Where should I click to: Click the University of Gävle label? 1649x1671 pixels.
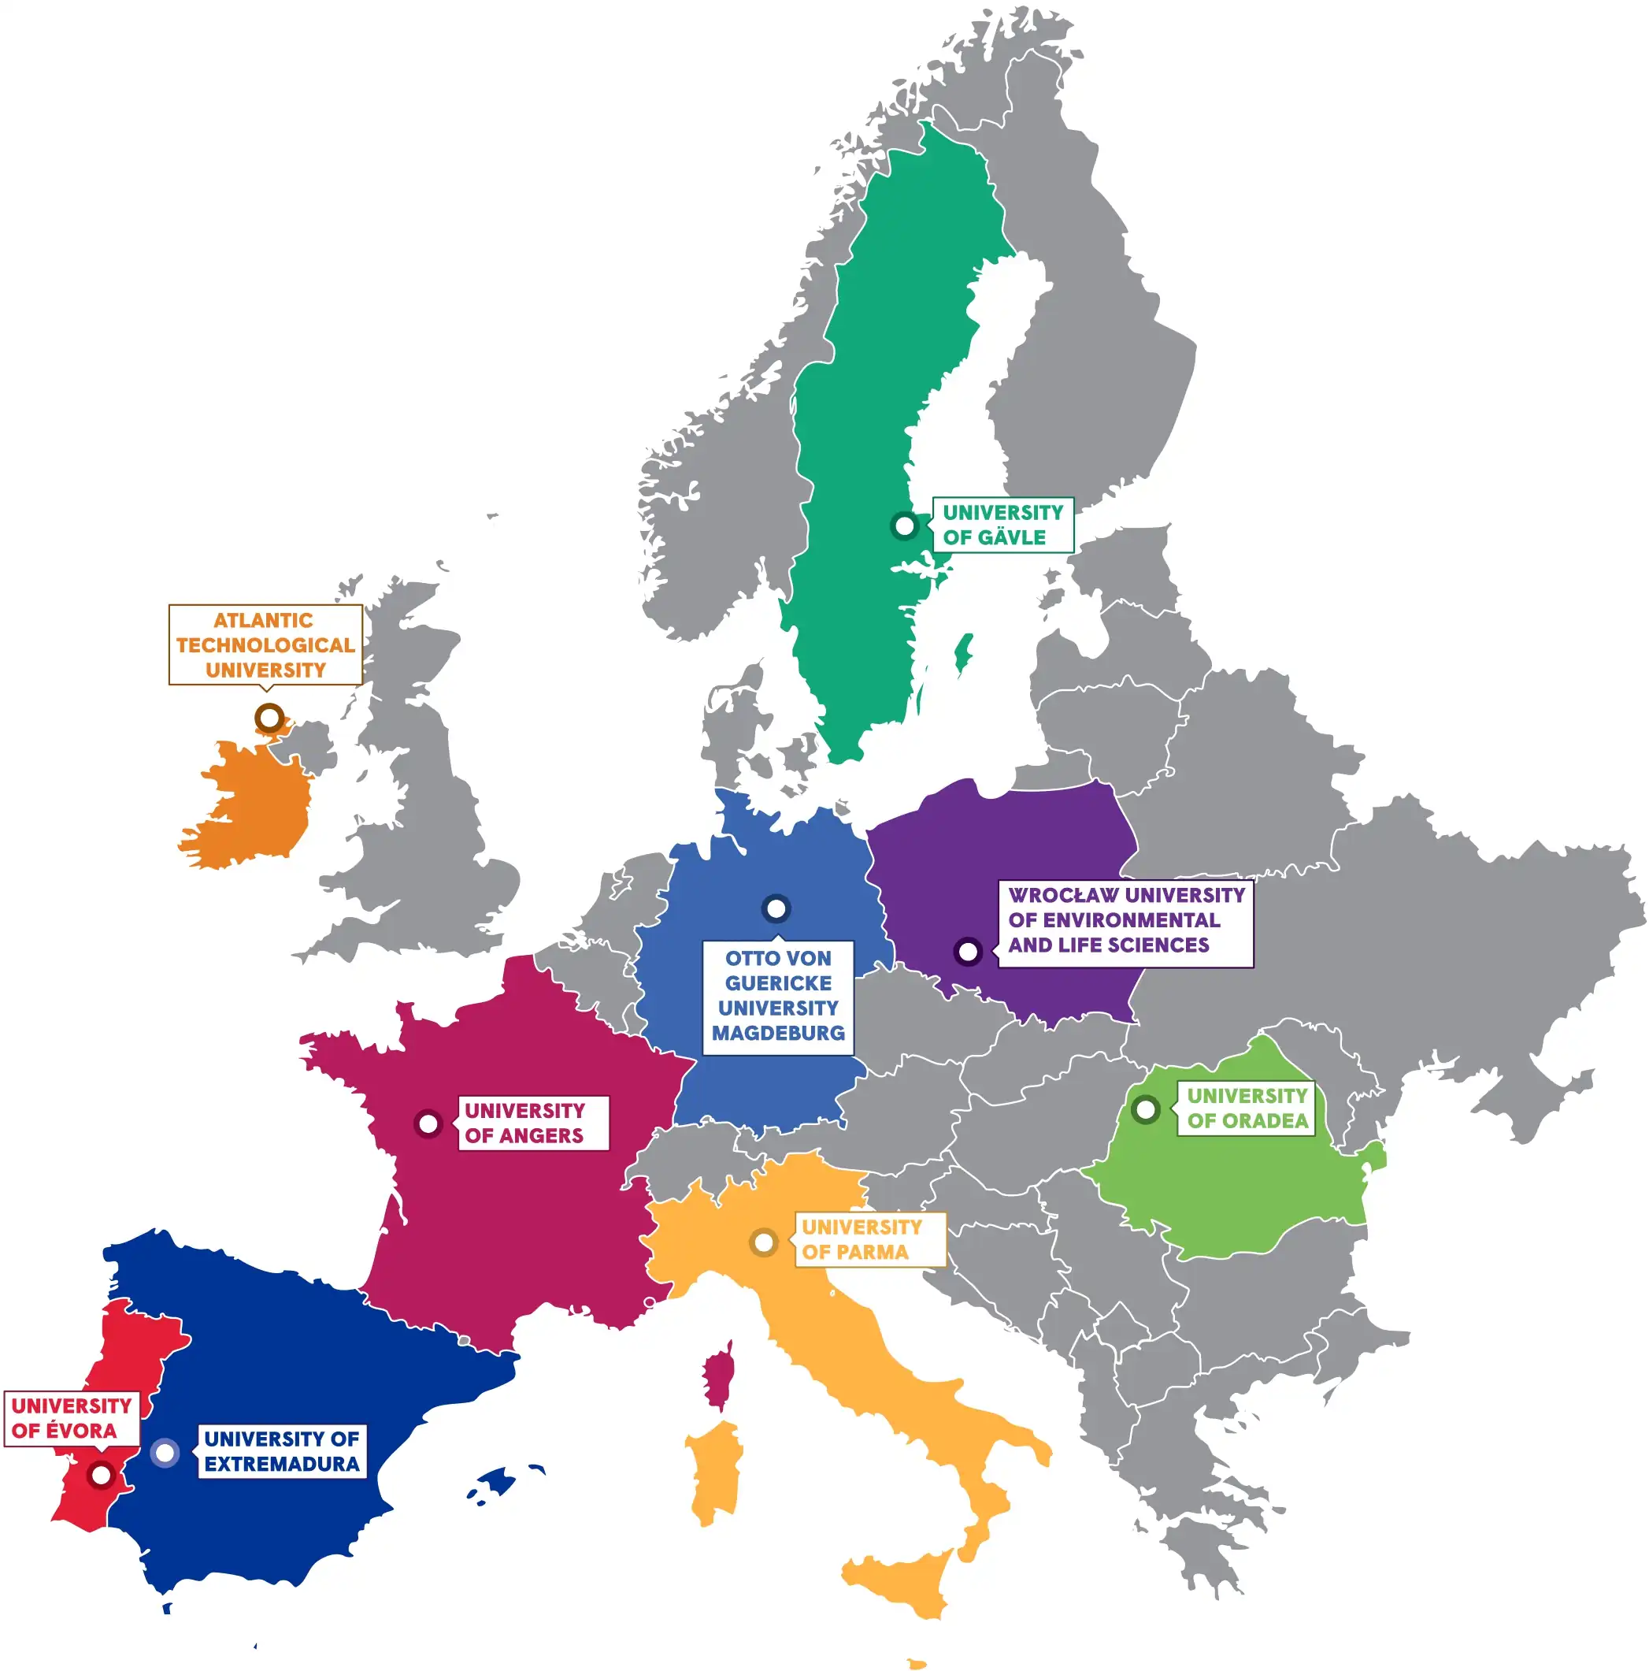1002,525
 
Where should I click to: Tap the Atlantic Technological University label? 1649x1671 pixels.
265,645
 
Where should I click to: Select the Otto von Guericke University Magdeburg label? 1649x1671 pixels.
777,997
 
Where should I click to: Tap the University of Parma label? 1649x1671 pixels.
869,1239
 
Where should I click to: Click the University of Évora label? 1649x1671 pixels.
72,1417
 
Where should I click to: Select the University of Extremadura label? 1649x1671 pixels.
282,1450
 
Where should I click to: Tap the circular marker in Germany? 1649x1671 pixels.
776,908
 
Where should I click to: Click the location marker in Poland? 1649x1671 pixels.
968,952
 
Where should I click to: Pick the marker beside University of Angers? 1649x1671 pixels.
427,1123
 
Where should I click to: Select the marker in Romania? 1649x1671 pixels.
1145,1108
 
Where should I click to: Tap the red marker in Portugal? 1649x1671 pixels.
100,1475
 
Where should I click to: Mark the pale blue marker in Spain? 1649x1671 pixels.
165,1452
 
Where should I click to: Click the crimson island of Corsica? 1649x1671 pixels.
717,1376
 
